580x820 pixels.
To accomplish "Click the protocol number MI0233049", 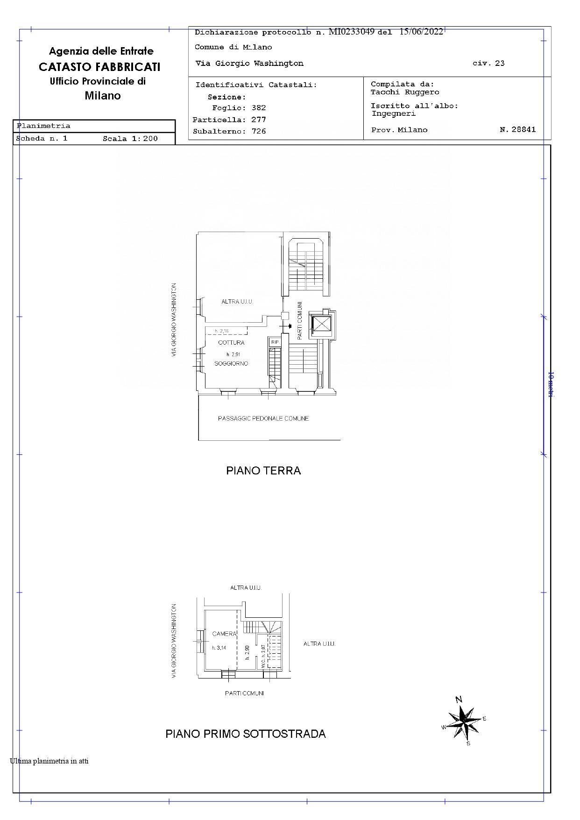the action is [x=351, y=32].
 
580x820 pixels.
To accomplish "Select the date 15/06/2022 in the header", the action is [x=421, y=32].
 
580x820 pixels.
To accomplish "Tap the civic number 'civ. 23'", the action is [x=488, y=64].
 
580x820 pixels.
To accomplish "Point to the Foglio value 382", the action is [x=259, y=108].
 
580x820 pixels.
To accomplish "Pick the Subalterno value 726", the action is [x=259, y=131].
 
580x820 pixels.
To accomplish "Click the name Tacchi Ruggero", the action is [x=405, y=92].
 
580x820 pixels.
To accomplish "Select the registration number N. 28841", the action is [x=518, y=129].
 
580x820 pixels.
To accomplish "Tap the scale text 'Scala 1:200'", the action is [x=130, y=139].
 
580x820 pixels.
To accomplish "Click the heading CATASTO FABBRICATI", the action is [x=99, y=67].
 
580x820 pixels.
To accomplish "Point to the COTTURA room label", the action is [x=231, y=343].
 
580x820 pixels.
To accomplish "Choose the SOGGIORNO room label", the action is [x=231, y=363].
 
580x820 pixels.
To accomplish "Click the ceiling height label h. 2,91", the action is [x=233, y=354].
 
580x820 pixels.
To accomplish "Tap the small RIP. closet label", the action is [x=275, y=342].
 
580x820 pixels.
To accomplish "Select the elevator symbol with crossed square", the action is [x=321, y=324].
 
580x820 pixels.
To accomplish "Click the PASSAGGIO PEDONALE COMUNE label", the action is [x=263, y=418].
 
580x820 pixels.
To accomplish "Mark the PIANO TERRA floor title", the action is [x=263, y=471].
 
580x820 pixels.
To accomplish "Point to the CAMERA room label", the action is [x=224, y=634].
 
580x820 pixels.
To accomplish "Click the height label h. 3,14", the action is [x=219, y=648].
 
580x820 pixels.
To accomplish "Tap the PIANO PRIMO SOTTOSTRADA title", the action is [x=246, y=734].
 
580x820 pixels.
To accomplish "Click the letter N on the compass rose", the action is [x=459, y=699].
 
